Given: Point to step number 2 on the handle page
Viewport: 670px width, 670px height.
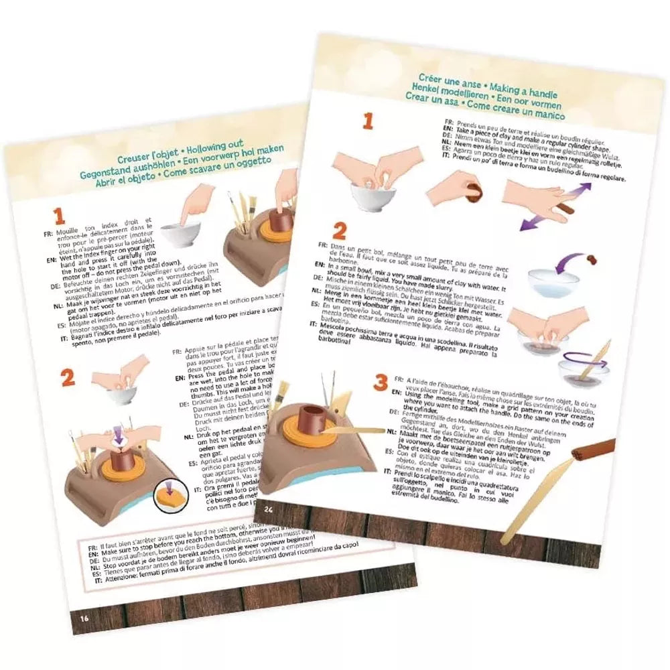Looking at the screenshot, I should (x=339, y=232).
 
